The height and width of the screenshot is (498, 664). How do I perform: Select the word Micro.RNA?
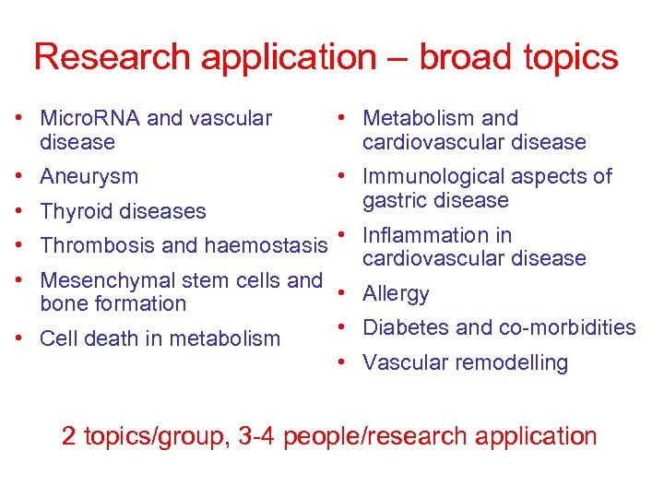click(x=90, y=118)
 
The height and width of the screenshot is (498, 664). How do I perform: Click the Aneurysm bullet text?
click(x=89, y=176)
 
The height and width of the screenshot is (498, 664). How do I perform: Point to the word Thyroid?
click(x=74, y=211)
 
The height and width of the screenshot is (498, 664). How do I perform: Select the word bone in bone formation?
click(x=62, y=303)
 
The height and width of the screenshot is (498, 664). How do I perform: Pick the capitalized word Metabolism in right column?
click(x=418, y=118)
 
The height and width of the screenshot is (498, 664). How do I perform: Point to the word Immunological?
click(x=429, y=176)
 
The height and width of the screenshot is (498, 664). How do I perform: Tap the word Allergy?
click(x=396, y=294)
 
